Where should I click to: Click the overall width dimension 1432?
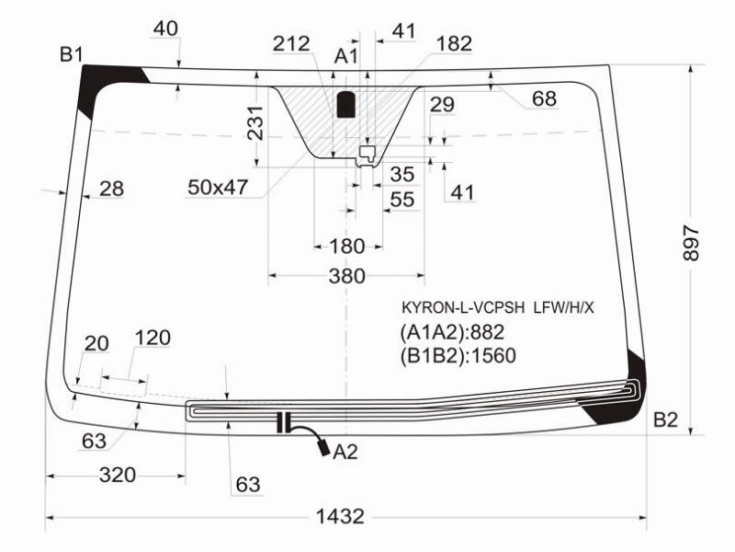pos(340,516)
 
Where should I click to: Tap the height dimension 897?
pos(692,243)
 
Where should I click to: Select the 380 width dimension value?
pos(347,276)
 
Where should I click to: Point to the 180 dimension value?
pos(347,246)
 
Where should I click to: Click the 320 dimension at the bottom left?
pos(118,475)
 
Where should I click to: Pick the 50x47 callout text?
pos(218,188)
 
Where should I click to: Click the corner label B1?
pos(71,55)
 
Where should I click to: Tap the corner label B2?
pos(665,420)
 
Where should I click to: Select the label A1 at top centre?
pos(346,56)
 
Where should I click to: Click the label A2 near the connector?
pos(345,452)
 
